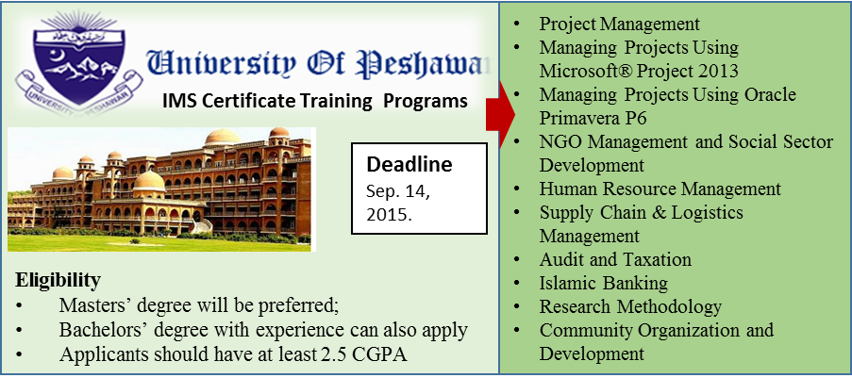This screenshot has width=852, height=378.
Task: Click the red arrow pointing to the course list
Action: click(500, 114)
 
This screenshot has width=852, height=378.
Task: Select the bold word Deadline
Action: click(409, 164)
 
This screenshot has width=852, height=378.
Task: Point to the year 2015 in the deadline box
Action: click(388, 213)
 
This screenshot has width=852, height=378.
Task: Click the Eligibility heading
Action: click(58, 281)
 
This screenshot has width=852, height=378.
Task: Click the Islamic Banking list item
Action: click(604, 283)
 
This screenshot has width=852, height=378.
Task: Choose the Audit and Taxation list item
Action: click(615, 259)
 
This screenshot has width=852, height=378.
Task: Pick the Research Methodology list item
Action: click(630, 306)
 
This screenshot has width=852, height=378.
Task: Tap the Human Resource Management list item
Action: click(660, 189)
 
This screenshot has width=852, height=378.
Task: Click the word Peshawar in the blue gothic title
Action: click(425, 63)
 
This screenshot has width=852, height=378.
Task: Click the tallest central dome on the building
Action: click(223, 137)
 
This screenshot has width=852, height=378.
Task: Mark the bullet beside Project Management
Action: click(516, 25)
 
